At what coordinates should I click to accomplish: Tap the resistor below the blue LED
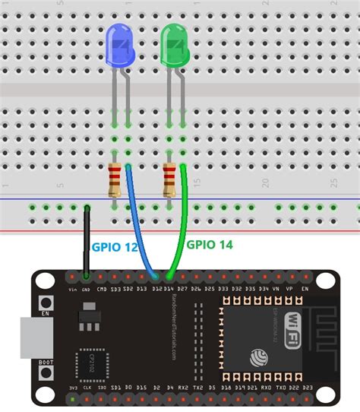tap(115, 181)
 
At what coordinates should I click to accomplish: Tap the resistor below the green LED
tap(169, 181)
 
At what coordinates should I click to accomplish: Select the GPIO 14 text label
tap(210, 244)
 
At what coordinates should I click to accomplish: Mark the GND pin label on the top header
tap(87, 290)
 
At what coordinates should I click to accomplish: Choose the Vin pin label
tap(73, 290)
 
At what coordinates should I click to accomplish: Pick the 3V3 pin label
tap(73, 388)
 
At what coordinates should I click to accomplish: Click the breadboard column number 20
tap(266, 183)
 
